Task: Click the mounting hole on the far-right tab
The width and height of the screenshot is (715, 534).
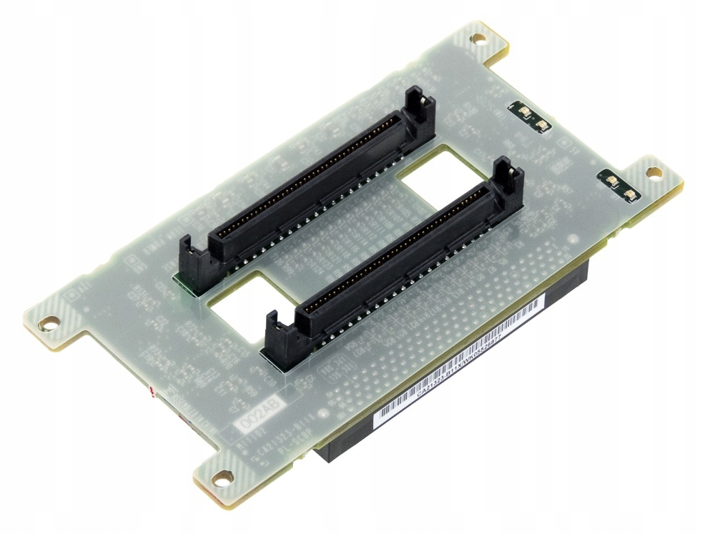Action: coord(653,172)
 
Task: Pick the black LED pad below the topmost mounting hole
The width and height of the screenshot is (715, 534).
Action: coord(533,118)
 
